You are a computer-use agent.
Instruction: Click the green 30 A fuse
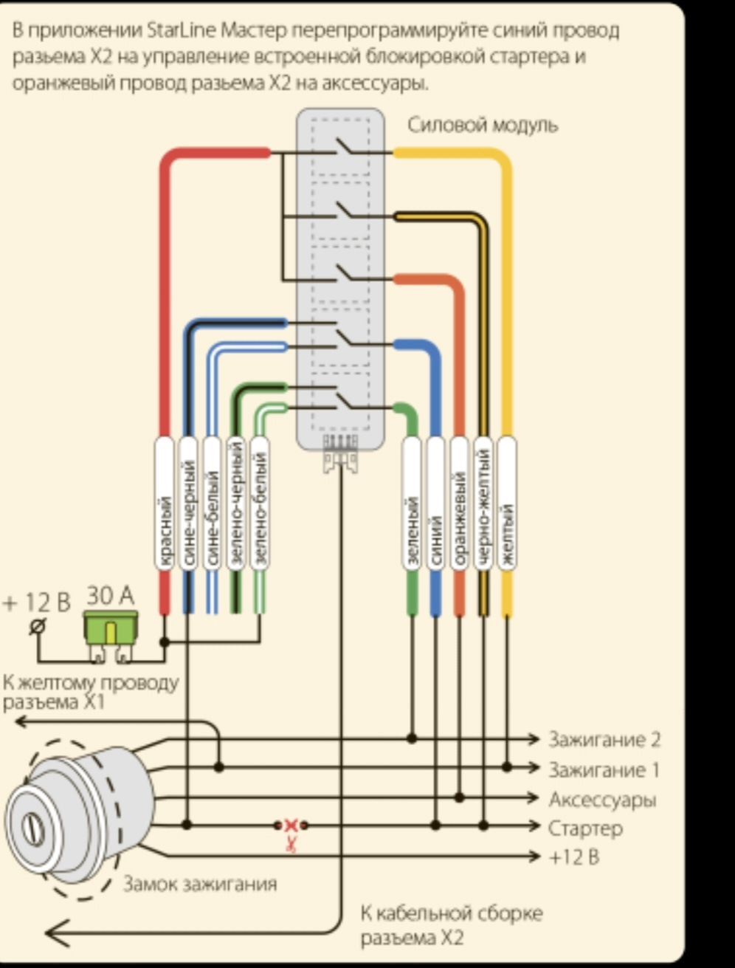point(111,629)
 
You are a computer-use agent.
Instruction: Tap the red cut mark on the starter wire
point(291,825)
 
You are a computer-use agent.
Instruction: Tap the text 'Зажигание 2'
point(604,739)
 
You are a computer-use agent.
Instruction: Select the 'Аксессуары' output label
point(602,800)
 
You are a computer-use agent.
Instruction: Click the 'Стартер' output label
point(585,828)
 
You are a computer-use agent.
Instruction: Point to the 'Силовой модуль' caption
point(483,125)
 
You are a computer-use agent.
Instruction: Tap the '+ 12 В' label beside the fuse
point(37,603)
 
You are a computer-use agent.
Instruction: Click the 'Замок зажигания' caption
point(199,884)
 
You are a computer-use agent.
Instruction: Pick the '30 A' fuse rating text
point(111,595)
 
